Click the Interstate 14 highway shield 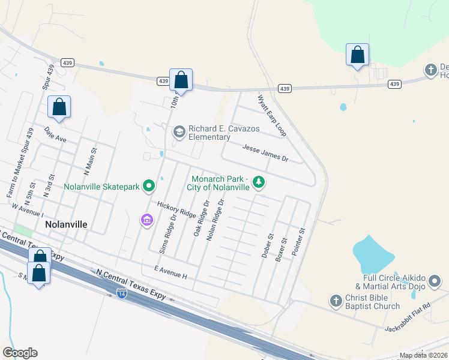tap(121, 293)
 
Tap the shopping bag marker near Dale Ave tap(59, 107)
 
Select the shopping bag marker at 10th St tap(181, 80)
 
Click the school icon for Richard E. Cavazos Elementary tap(179, 131)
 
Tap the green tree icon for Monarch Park tap(259, 181)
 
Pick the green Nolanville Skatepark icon tap(149, 187)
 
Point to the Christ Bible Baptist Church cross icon tap(336, 299)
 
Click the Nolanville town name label tap(66, 224)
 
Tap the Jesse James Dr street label tap(265, 152)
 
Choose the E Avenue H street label tap(171, 272)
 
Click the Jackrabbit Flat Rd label tap(410, 315)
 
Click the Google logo tap(20, 353)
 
